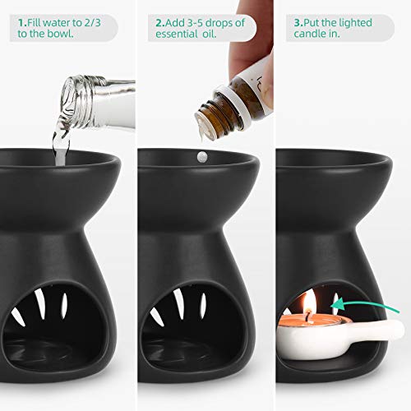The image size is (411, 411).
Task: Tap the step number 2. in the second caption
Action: [159, 23]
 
